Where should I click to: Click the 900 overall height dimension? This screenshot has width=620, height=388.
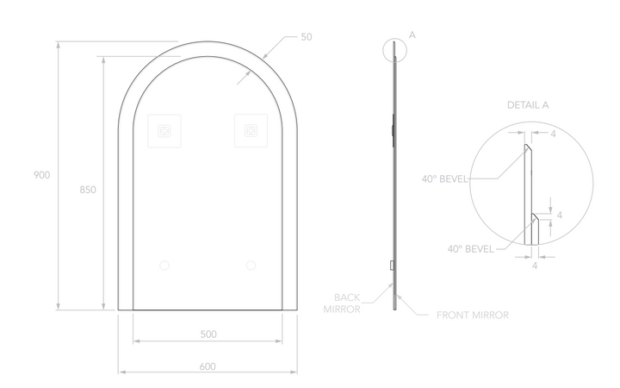(x=41, y=174)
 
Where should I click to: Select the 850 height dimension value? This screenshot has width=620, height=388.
(x=87, y=189)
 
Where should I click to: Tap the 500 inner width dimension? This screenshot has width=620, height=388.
(x=208, y=333)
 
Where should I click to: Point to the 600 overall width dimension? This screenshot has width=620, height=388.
(x=208, y=366)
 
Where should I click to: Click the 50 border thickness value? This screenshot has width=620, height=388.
(x=307, y=37)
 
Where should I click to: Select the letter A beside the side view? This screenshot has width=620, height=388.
(x=412, y=34)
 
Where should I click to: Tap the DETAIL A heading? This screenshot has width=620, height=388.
(x=527, y=104)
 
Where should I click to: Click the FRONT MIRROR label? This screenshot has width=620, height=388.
(x=474, y=316)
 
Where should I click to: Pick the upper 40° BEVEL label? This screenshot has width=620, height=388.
(x=444, y=179)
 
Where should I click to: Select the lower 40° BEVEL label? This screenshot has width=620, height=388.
(x=470, y=247)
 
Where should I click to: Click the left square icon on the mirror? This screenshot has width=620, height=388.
(x=164, y=132)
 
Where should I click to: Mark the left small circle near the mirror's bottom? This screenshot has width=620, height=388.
(x=164, y=265)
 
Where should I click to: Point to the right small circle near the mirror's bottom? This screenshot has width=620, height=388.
(x=251, y=265)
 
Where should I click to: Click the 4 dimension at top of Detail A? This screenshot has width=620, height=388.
(x=553, y=134)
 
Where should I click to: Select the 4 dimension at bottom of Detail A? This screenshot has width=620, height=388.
(x=535, y=268)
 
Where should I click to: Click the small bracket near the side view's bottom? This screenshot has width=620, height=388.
(x=392, y=265)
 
